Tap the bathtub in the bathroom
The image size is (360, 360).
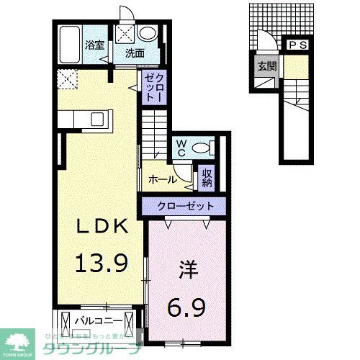pyautogui.click(x=70, y=45)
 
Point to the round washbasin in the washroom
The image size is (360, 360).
pyautogui.click(x=149, y=32)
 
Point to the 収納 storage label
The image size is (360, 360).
pyautogui.click(x=207, y=176)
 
